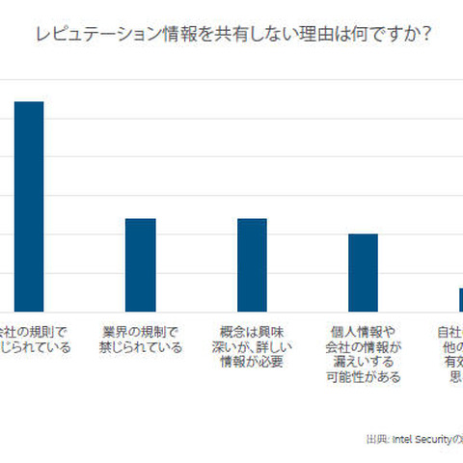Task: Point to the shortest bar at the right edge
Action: tap(459, 299)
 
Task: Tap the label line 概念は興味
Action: tap(252, 332)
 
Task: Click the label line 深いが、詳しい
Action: tap(252, 347)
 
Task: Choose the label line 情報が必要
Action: tap(252, 363)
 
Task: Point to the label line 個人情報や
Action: tap(363, 332)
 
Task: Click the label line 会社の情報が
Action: tap(363, 347)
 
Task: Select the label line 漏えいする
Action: tap(363, 363)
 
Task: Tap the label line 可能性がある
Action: tap(363, 378)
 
